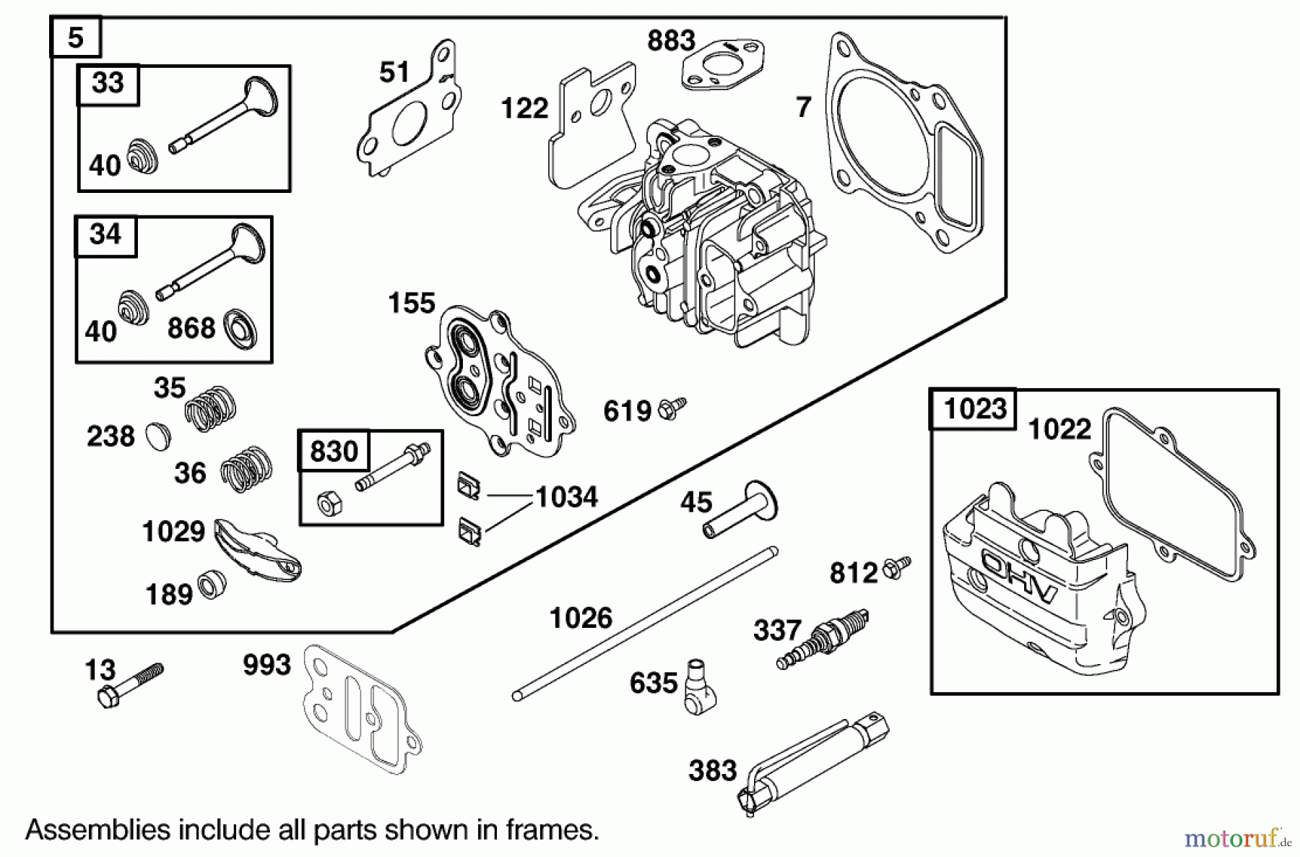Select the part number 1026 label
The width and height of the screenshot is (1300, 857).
click(581, 619)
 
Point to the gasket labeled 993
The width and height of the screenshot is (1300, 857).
click(361, 708)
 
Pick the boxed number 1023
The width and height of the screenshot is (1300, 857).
click(974, 409)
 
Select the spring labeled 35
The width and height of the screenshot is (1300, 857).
click(211, 408)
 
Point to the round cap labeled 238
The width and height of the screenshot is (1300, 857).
click(157, 436)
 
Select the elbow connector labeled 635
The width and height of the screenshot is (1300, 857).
click(698, 686)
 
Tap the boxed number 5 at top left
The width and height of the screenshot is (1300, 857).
click(75, 38)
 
